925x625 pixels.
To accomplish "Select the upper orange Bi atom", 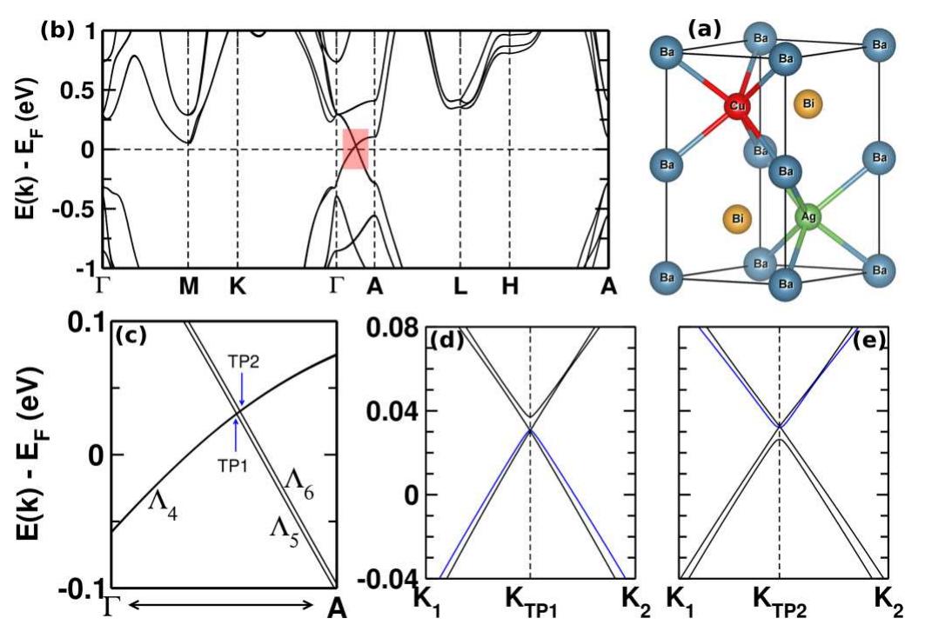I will tap(809, 104).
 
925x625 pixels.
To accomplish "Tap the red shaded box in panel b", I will tap(355, 149).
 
